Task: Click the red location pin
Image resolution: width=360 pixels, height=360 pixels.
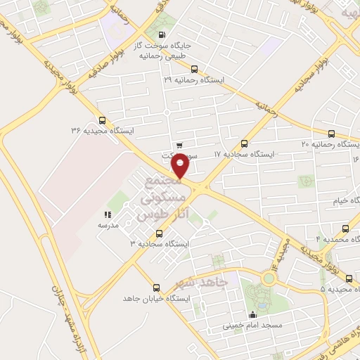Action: [181, 166]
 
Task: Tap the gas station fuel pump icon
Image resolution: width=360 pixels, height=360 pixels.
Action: [163, 34]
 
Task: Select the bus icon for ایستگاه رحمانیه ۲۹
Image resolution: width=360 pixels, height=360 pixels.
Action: [194, 69]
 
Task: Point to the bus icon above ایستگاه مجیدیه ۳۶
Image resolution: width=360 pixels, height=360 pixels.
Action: [103, 120]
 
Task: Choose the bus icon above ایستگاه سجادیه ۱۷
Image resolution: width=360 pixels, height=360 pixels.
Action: [245, 143]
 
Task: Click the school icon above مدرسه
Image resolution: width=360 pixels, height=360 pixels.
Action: [108, 215]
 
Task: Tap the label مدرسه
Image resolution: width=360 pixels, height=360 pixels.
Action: [108, 226]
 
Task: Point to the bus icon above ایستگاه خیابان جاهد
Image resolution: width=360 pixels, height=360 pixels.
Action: [156, 288]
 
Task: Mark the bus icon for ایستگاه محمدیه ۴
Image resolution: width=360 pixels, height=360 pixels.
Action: [345, 229]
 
